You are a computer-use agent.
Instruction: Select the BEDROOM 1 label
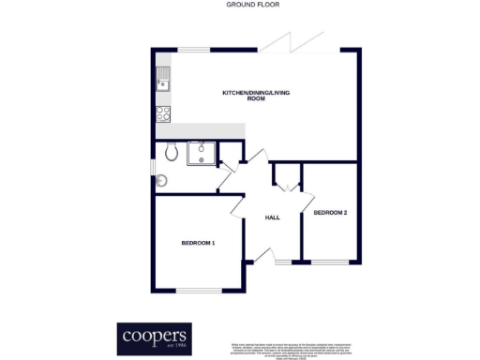(x=198, y=244)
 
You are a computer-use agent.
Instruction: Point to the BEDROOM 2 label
(x=330, y=213)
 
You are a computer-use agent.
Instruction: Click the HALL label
(x=273, y=217)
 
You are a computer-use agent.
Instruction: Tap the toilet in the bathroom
(x=170, y=152)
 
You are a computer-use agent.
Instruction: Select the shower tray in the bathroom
(x=202, y=152)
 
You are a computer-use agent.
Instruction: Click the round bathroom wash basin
(x=160, y=181)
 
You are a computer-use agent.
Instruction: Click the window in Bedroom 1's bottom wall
(x=199, y=290)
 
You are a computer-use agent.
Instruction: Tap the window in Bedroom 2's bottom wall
(x=330, y=262)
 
